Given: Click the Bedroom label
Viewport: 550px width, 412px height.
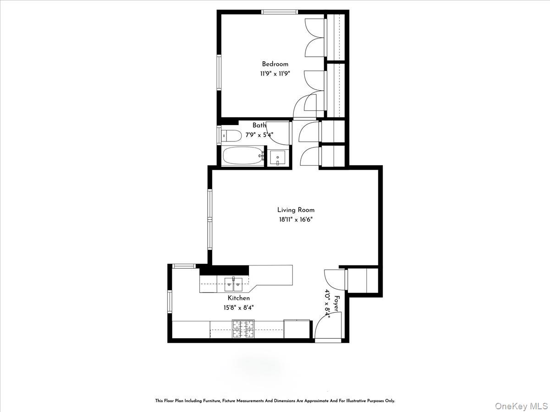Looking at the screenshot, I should click(x=275, y=64).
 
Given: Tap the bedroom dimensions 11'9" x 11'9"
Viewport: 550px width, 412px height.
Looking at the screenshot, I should click(x=275, y=73).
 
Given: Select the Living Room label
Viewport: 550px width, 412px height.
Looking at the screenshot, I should click(x=296, y=210).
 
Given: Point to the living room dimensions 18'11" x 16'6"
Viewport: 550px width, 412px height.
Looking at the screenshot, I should click(x=296, y=219).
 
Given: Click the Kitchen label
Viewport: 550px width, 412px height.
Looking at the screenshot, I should click(x=239, y=298).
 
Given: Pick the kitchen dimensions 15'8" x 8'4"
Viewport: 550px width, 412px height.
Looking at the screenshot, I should click(x=239, y=308).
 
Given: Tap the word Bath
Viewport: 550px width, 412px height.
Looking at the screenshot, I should click(x=259, y=125).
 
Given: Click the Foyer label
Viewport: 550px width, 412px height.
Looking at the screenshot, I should click(x=337, y=304).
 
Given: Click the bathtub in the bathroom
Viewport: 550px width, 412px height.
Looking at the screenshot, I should click(x=243, y=156).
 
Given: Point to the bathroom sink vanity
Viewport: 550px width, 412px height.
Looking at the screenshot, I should click(x=278, y=158).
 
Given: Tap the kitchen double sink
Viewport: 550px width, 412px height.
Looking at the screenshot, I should click(x=233, y=284).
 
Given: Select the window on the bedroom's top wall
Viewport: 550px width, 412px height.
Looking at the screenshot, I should click(x=279, y=12).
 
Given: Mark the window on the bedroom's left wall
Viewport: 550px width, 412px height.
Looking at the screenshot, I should click(x=219, y=73).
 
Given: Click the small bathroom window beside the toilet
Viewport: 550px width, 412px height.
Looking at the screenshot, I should click(x=219, y=136).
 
